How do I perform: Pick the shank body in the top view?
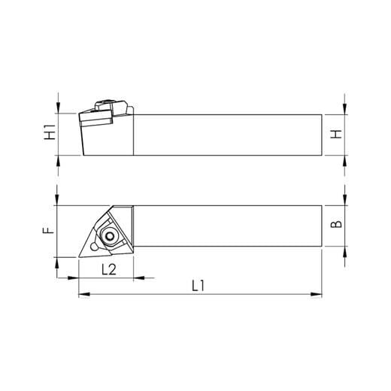click(226, 226)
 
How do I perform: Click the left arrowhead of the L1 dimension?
click(83, 294)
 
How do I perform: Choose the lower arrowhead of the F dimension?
click(57, 262)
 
